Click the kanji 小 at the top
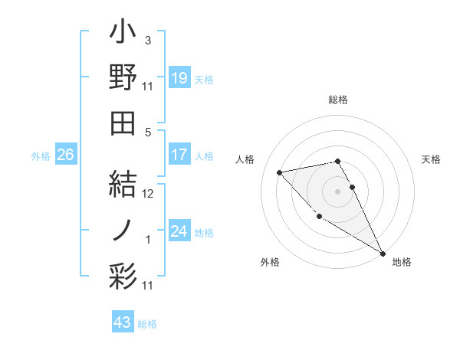(123, 34)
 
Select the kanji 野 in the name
(123, 77)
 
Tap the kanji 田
(123, 121)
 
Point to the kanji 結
(123, 185)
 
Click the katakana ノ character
(123, 229)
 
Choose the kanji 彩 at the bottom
(123, 273)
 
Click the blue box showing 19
(179, 78)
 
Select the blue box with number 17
(179, 155)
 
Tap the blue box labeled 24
(179, 231)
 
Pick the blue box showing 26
(65, 155)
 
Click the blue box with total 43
(122, 322)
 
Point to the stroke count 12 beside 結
(148, 195)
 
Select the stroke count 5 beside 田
(148, 132)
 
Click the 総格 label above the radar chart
(338, 100)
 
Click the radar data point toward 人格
(281, 172)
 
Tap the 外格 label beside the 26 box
(41, 155)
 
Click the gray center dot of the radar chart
(337, 191)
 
